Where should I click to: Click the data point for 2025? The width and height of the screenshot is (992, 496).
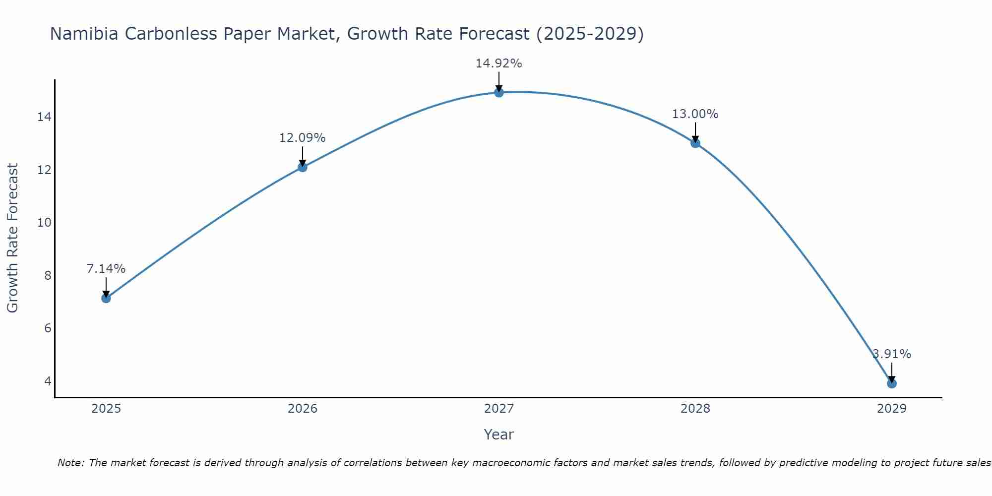click(x=106, y=298)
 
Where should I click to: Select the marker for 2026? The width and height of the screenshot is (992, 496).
click(x=302, y=167)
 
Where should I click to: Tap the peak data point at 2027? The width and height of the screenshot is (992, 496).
click(x=498, y=92)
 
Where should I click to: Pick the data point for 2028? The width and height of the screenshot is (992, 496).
click(x=695, y=143)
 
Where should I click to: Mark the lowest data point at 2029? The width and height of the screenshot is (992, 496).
click(x=891, y=383)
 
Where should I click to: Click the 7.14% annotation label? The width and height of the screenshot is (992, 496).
click(x=106, y=269)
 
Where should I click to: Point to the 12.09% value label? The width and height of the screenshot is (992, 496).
click(x=302, y=138)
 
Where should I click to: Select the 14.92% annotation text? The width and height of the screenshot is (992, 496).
click(x=498, y=63)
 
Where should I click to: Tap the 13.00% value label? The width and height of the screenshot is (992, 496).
click(x=695, y=114)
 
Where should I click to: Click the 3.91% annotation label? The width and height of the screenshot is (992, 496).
click(x=891, y=354)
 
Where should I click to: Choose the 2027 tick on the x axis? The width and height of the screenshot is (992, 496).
click(x=498, y=409)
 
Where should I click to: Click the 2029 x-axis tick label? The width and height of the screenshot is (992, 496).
click(x=891, y=409)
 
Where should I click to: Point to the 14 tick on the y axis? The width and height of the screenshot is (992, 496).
click(x=44, y=117)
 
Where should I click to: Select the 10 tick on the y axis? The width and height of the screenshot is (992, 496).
click(x=44, y=223)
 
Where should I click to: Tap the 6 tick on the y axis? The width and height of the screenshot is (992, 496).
click(x=48, y=328)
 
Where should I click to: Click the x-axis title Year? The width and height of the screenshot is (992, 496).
click(x=498, y=434)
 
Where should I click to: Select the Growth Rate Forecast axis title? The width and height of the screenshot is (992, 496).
click(x=13, y=238)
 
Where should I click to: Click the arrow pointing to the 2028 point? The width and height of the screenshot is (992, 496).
click(x=695, y=132)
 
